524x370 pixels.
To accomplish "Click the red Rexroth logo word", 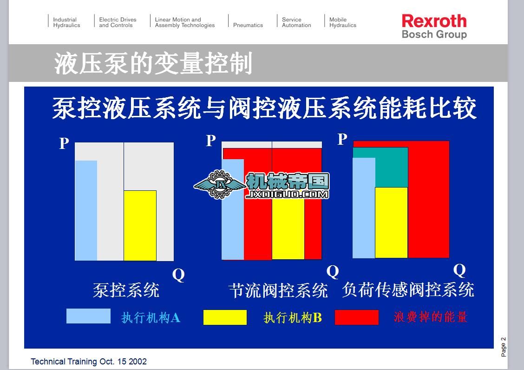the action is pos(434,21).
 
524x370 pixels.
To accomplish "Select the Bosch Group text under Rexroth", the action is pos(434,34).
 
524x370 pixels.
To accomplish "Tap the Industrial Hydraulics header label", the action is pos(66,22).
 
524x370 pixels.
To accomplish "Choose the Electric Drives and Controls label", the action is pos(118,22).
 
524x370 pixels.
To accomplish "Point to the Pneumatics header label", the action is pos(248,25).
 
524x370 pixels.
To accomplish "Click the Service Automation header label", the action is pos(296,22).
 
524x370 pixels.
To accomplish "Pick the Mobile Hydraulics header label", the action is pos(342,22).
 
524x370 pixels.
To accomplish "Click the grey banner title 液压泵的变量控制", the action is pos(153,63).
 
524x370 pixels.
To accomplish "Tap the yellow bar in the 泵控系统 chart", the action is pos(140,225).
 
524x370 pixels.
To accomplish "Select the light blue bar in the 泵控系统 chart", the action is pos(86,210).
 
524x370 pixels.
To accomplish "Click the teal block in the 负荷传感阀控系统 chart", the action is pos(380,168).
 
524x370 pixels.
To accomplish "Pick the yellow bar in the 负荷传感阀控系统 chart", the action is pos(391,222).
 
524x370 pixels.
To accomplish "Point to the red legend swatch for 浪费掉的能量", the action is pos(357,317).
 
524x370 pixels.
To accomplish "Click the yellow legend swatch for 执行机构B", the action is pos(225,317).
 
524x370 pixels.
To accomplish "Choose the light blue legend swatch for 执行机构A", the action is pos(88,316).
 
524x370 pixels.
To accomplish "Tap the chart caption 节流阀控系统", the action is pos(278,290).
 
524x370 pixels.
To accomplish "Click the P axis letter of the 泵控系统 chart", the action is pos(64,143).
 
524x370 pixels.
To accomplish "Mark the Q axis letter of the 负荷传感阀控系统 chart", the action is pos(459,270).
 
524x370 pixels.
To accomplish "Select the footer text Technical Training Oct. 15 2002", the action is pos(89,362).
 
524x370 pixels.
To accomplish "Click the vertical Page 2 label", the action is pos(503,347).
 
